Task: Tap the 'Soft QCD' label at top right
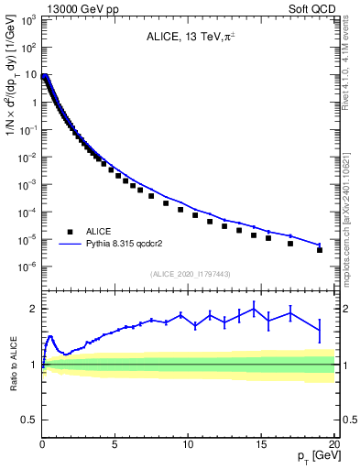click(x=313, y=7)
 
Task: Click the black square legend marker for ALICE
click(x=71, y=233)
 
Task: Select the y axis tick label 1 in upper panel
click(x=33, y=103)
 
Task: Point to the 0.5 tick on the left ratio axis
click(x=27, y=420)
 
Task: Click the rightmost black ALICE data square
click(x=320, y=249)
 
